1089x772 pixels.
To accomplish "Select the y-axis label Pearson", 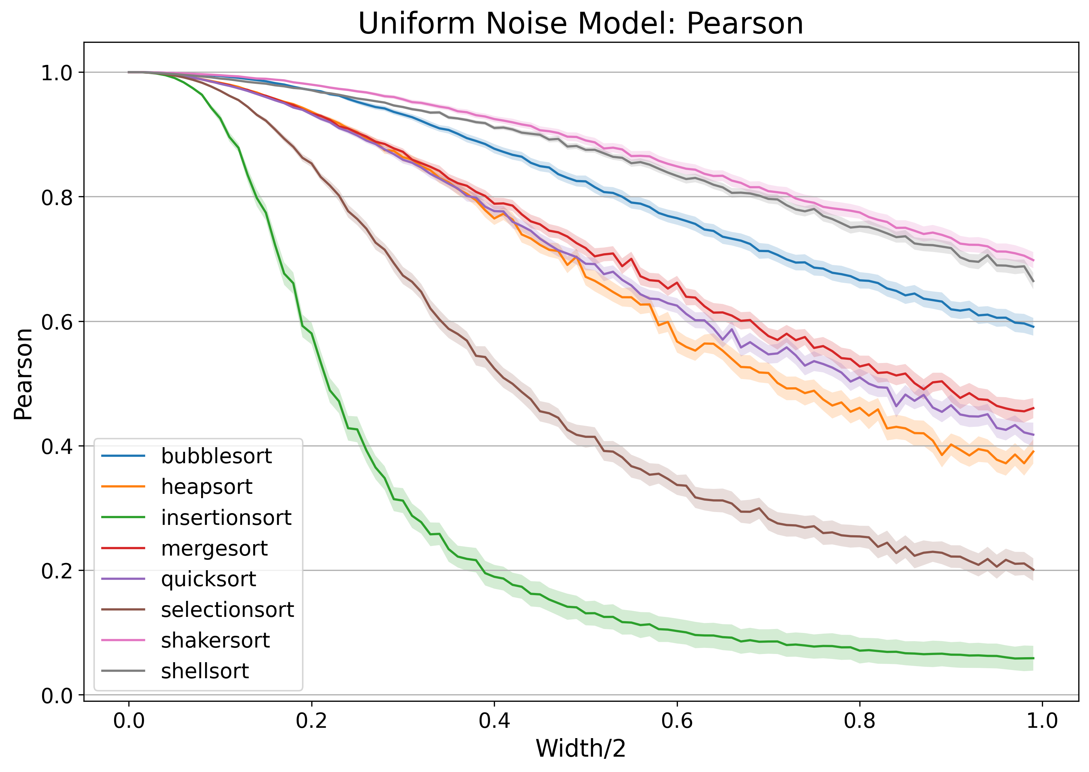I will [x=23, y=374].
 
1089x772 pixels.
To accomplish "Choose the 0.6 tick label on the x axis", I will [x=677, y=721].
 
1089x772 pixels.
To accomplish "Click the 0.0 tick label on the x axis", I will [x=128, y=721].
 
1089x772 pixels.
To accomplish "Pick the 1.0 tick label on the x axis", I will [x=1042, y=721].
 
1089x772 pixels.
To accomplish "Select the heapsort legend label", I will [x=206, y=487].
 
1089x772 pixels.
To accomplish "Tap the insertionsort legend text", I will [x=226, y=518].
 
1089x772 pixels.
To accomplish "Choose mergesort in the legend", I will [x=214, y=548].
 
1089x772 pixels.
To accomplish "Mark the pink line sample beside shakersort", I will [x=123, y=641].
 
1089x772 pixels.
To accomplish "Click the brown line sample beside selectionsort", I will [x=123, y=610].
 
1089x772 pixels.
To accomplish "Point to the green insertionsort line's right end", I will [x=1033, y=658].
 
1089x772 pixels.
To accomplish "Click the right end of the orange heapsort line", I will [x=1033, y=451].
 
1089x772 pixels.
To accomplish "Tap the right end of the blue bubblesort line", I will [x=1033, y=327].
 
